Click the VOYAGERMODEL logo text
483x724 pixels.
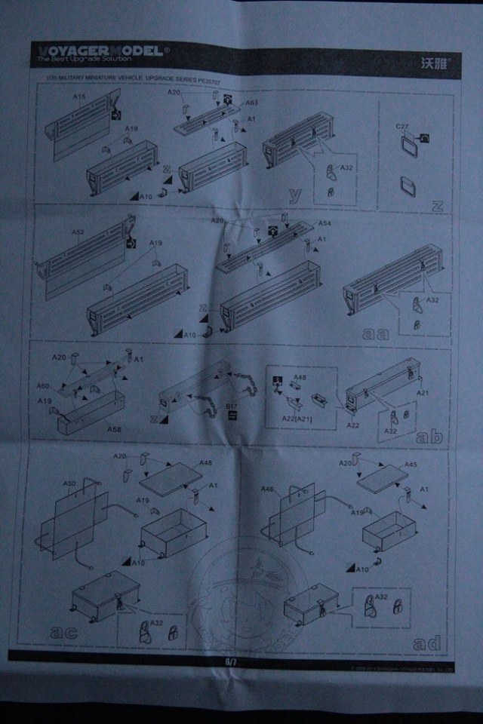point(100,51)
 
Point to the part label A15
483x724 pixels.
point(79,98)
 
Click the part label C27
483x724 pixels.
point(401,126)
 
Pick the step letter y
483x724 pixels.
point(296,195)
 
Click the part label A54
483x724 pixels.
point(325,224)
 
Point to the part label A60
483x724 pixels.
point(43,385)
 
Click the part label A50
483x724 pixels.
point(69,482)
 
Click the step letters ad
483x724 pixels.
point(426,643)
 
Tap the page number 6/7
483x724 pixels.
point(231,661)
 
